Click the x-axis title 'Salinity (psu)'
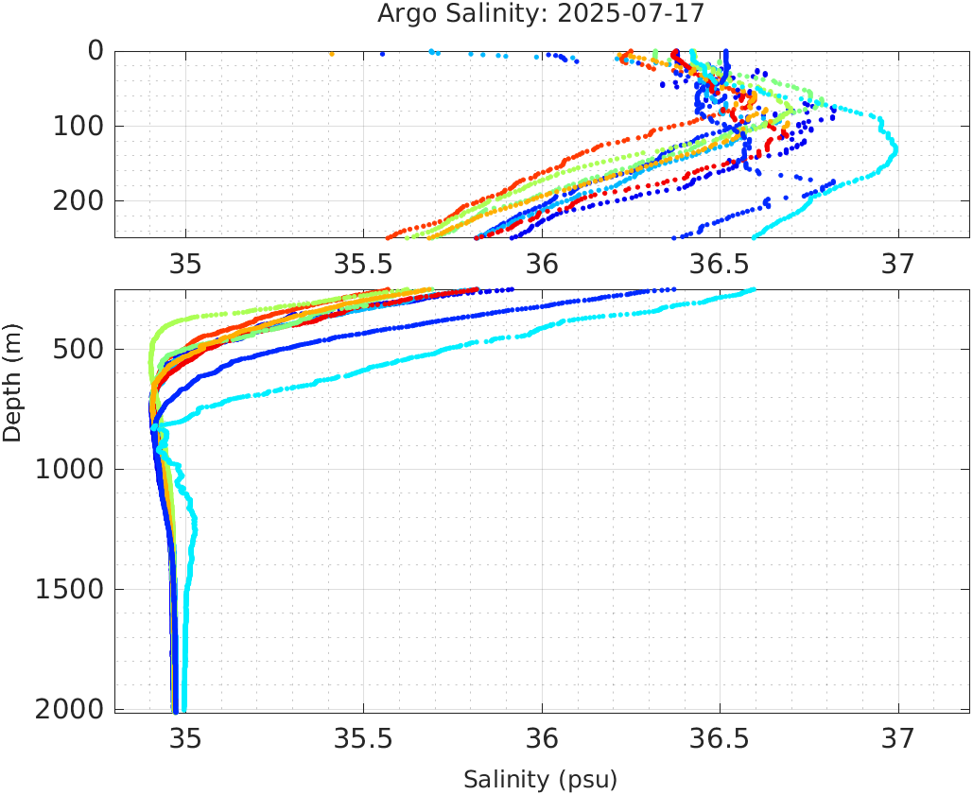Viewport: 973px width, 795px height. coord(540,780)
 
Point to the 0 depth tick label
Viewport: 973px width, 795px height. coord(96,51)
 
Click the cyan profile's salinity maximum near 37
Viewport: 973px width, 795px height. coord(895,148)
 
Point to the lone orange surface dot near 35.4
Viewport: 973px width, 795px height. coord(331,54)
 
